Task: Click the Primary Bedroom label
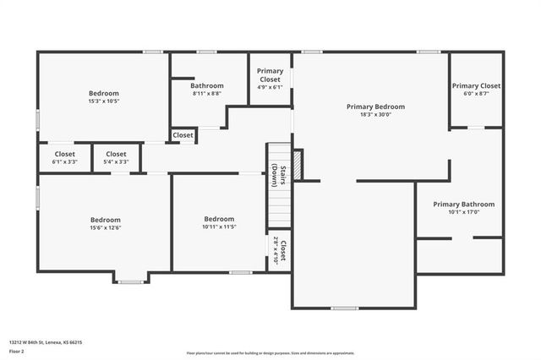(375, 106)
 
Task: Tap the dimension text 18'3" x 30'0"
(375, 115)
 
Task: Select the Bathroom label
(207, 85)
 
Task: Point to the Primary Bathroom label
(463, 204)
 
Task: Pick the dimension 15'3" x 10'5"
(104, 101)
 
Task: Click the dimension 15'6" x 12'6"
(106, 227)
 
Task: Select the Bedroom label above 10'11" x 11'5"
(218, 218)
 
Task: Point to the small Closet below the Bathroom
(183, 135)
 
